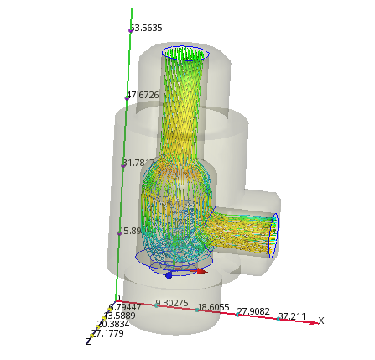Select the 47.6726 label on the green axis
click(x=143, y=96)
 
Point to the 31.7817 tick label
click(x=139, y=163)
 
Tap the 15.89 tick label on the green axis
click(x=131, y=231)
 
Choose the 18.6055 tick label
click(x=213, y=308)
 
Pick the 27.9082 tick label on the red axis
click(x=253, y=312)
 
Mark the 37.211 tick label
click(x=292, y=317)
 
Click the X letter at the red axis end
click(x=320, y=321)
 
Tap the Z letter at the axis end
click(x=87, y=341)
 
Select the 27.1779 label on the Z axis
click(x=107, y=333)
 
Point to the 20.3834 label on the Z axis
click(x=112, y=324)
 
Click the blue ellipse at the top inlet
click(x=185, y=55)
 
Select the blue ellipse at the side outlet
click(x=273, y=236)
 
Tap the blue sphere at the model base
click(x=169, y=274)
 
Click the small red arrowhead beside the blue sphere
click(x=201, y=271)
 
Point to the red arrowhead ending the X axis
click(x=313, y=322)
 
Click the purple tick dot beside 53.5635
click(x=131, y=30)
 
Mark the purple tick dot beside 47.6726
click(x=128, y=97)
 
